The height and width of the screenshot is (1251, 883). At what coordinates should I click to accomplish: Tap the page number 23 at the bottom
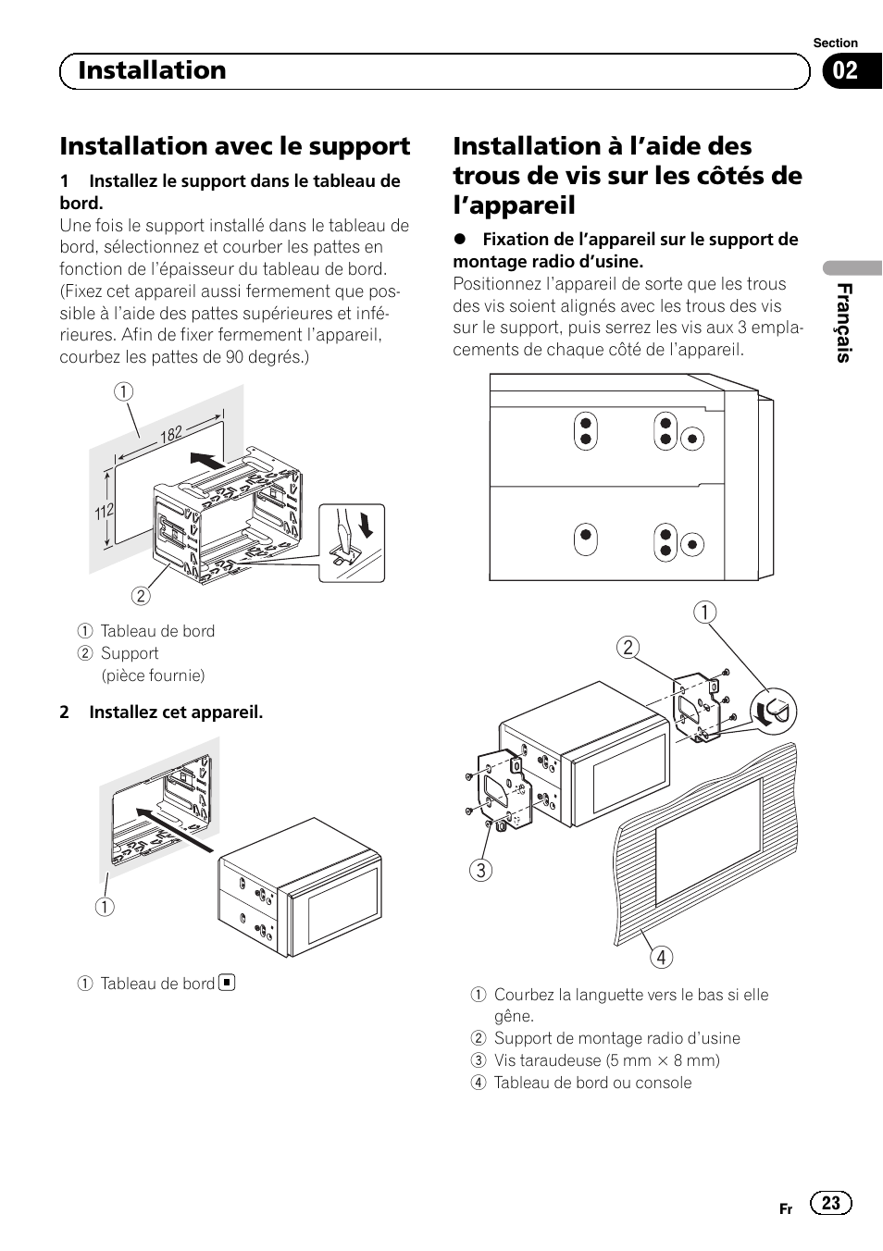[830, 1202]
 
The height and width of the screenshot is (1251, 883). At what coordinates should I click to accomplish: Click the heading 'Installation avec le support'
[235, 146]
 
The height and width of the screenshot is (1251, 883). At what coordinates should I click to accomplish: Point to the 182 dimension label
[171, 434]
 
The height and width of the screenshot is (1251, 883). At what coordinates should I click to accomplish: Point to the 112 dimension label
[104, 511]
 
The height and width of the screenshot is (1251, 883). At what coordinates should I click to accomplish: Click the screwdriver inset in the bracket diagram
[352, 543]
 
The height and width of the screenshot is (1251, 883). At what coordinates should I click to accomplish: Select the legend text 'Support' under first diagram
[130, 653]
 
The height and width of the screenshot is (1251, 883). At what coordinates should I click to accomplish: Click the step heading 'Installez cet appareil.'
[176, 712]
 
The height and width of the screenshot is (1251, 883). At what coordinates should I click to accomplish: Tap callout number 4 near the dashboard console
[661, 957]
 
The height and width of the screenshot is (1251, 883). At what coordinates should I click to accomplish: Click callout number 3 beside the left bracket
[479, 870]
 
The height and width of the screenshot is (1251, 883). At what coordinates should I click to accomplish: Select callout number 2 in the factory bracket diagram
[628, 647]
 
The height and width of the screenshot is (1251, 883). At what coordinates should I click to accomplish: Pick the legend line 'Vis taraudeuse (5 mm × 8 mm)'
[606, 1060]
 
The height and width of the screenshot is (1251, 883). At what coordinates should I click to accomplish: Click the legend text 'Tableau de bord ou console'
[592, 1083]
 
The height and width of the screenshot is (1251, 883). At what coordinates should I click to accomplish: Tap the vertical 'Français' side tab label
[843, 323]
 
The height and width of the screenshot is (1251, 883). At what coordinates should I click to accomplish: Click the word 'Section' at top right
[835, 43]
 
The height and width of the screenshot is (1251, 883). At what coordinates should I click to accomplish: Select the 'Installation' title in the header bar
[152, 71]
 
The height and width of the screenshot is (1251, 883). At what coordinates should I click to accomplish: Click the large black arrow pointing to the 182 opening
[206, 460]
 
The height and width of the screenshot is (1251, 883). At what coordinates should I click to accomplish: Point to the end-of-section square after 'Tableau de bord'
[227, 983]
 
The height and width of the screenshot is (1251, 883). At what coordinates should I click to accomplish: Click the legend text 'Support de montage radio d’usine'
[616, 1038]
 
